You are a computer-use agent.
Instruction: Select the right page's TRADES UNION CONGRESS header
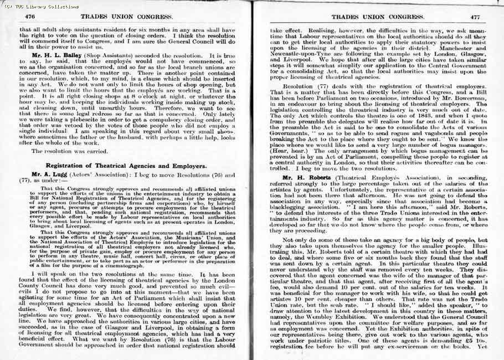(372, 17)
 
